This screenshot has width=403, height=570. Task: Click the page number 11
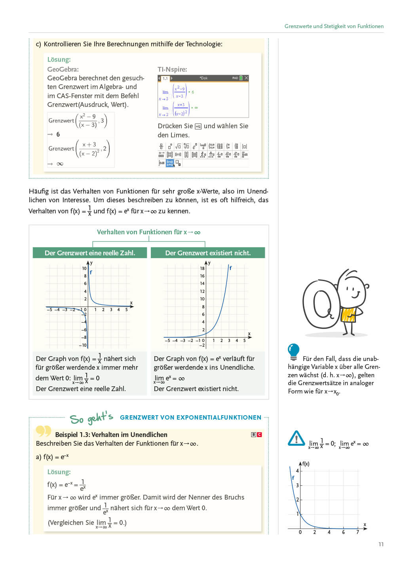381,544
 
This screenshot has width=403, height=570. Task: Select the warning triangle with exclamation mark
297,439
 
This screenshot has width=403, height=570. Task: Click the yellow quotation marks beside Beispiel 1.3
44,431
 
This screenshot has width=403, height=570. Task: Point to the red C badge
259,435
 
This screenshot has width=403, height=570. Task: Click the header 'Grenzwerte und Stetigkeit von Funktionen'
334,26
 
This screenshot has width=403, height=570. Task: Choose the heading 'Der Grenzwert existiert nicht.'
208,253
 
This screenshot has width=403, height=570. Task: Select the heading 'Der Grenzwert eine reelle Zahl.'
90,253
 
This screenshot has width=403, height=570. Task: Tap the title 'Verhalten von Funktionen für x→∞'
148,232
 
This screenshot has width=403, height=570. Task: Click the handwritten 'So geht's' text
91,418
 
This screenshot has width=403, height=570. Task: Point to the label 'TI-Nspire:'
172,69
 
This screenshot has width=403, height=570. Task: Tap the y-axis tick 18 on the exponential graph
202,268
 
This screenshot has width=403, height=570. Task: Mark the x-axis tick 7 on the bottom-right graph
357,532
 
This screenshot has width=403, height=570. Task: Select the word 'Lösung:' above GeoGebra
59,59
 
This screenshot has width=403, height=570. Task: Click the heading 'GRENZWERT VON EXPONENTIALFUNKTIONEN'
190,418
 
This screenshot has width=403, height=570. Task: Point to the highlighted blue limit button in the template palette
170,163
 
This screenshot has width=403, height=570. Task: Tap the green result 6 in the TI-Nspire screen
193,92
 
